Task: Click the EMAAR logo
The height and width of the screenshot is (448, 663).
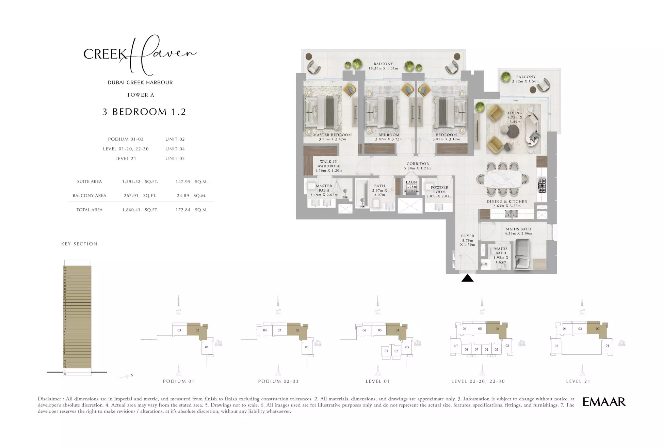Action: tap(604, 402)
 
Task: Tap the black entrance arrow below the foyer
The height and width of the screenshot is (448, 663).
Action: tap(467, 279)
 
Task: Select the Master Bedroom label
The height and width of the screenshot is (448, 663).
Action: tap(332, 135)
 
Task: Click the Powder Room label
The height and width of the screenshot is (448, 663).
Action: tap(439, 190)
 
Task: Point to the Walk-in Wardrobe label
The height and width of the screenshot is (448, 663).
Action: tap(328, 164)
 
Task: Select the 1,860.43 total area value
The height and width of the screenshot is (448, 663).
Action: tap(131, 210)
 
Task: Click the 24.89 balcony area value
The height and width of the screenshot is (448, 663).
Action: tap(183, 196)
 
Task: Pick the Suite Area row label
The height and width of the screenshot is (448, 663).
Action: tap(89, 182)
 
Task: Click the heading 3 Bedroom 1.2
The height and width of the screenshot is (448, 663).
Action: tap(144, 112)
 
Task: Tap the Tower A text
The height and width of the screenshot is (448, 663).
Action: tap(140, 95)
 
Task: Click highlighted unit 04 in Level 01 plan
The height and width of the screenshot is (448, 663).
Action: tap(397, 330)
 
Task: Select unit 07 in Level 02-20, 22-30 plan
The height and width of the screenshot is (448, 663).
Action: tap(456, 346)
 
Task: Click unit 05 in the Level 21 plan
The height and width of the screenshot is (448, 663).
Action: tap(556, 346)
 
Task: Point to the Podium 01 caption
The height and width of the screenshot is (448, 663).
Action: tap(178, 381)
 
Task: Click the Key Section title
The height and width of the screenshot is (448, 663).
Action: tap(79, 244)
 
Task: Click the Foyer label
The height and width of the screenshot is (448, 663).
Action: tap(467, 236)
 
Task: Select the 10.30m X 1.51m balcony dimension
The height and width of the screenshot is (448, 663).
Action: tap(383, 68)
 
